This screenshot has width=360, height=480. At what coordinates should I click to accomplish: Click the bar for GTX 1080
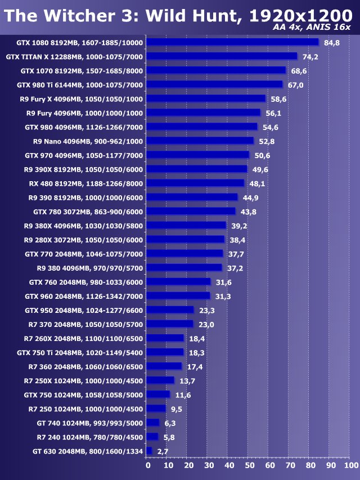click(232, 42)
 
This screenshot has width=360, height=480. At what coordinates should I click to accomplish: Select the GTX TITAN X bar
click(222, 56)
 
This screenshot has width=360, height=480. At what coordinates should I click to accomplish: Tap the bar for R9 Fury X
click(206, 98)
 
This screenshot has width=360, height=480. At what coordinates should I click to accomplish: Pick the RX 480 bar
click(195, 183)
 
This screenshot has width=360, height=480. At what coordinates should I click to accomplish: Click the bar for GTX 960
click(178, 296)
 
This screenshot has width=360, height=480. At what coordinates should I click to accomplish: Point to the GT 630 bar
click(149, 451)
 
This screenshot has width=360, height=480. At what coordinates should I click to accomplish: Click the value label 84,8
click(332, 43)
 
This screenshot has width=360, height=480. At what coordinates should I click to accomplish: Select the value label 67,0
click(295, 85)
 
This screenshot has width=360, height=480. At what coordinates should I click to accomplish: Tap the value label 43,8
click(249, 212)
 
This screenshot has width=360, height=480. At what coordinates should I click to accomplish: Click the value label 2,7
click(163, 451)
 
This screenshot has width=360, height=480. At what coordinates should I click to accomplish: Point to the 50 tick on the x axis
click(249, 465)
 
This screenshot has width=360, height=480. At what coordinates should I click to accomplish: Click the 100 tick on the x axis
click(350, 465)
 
